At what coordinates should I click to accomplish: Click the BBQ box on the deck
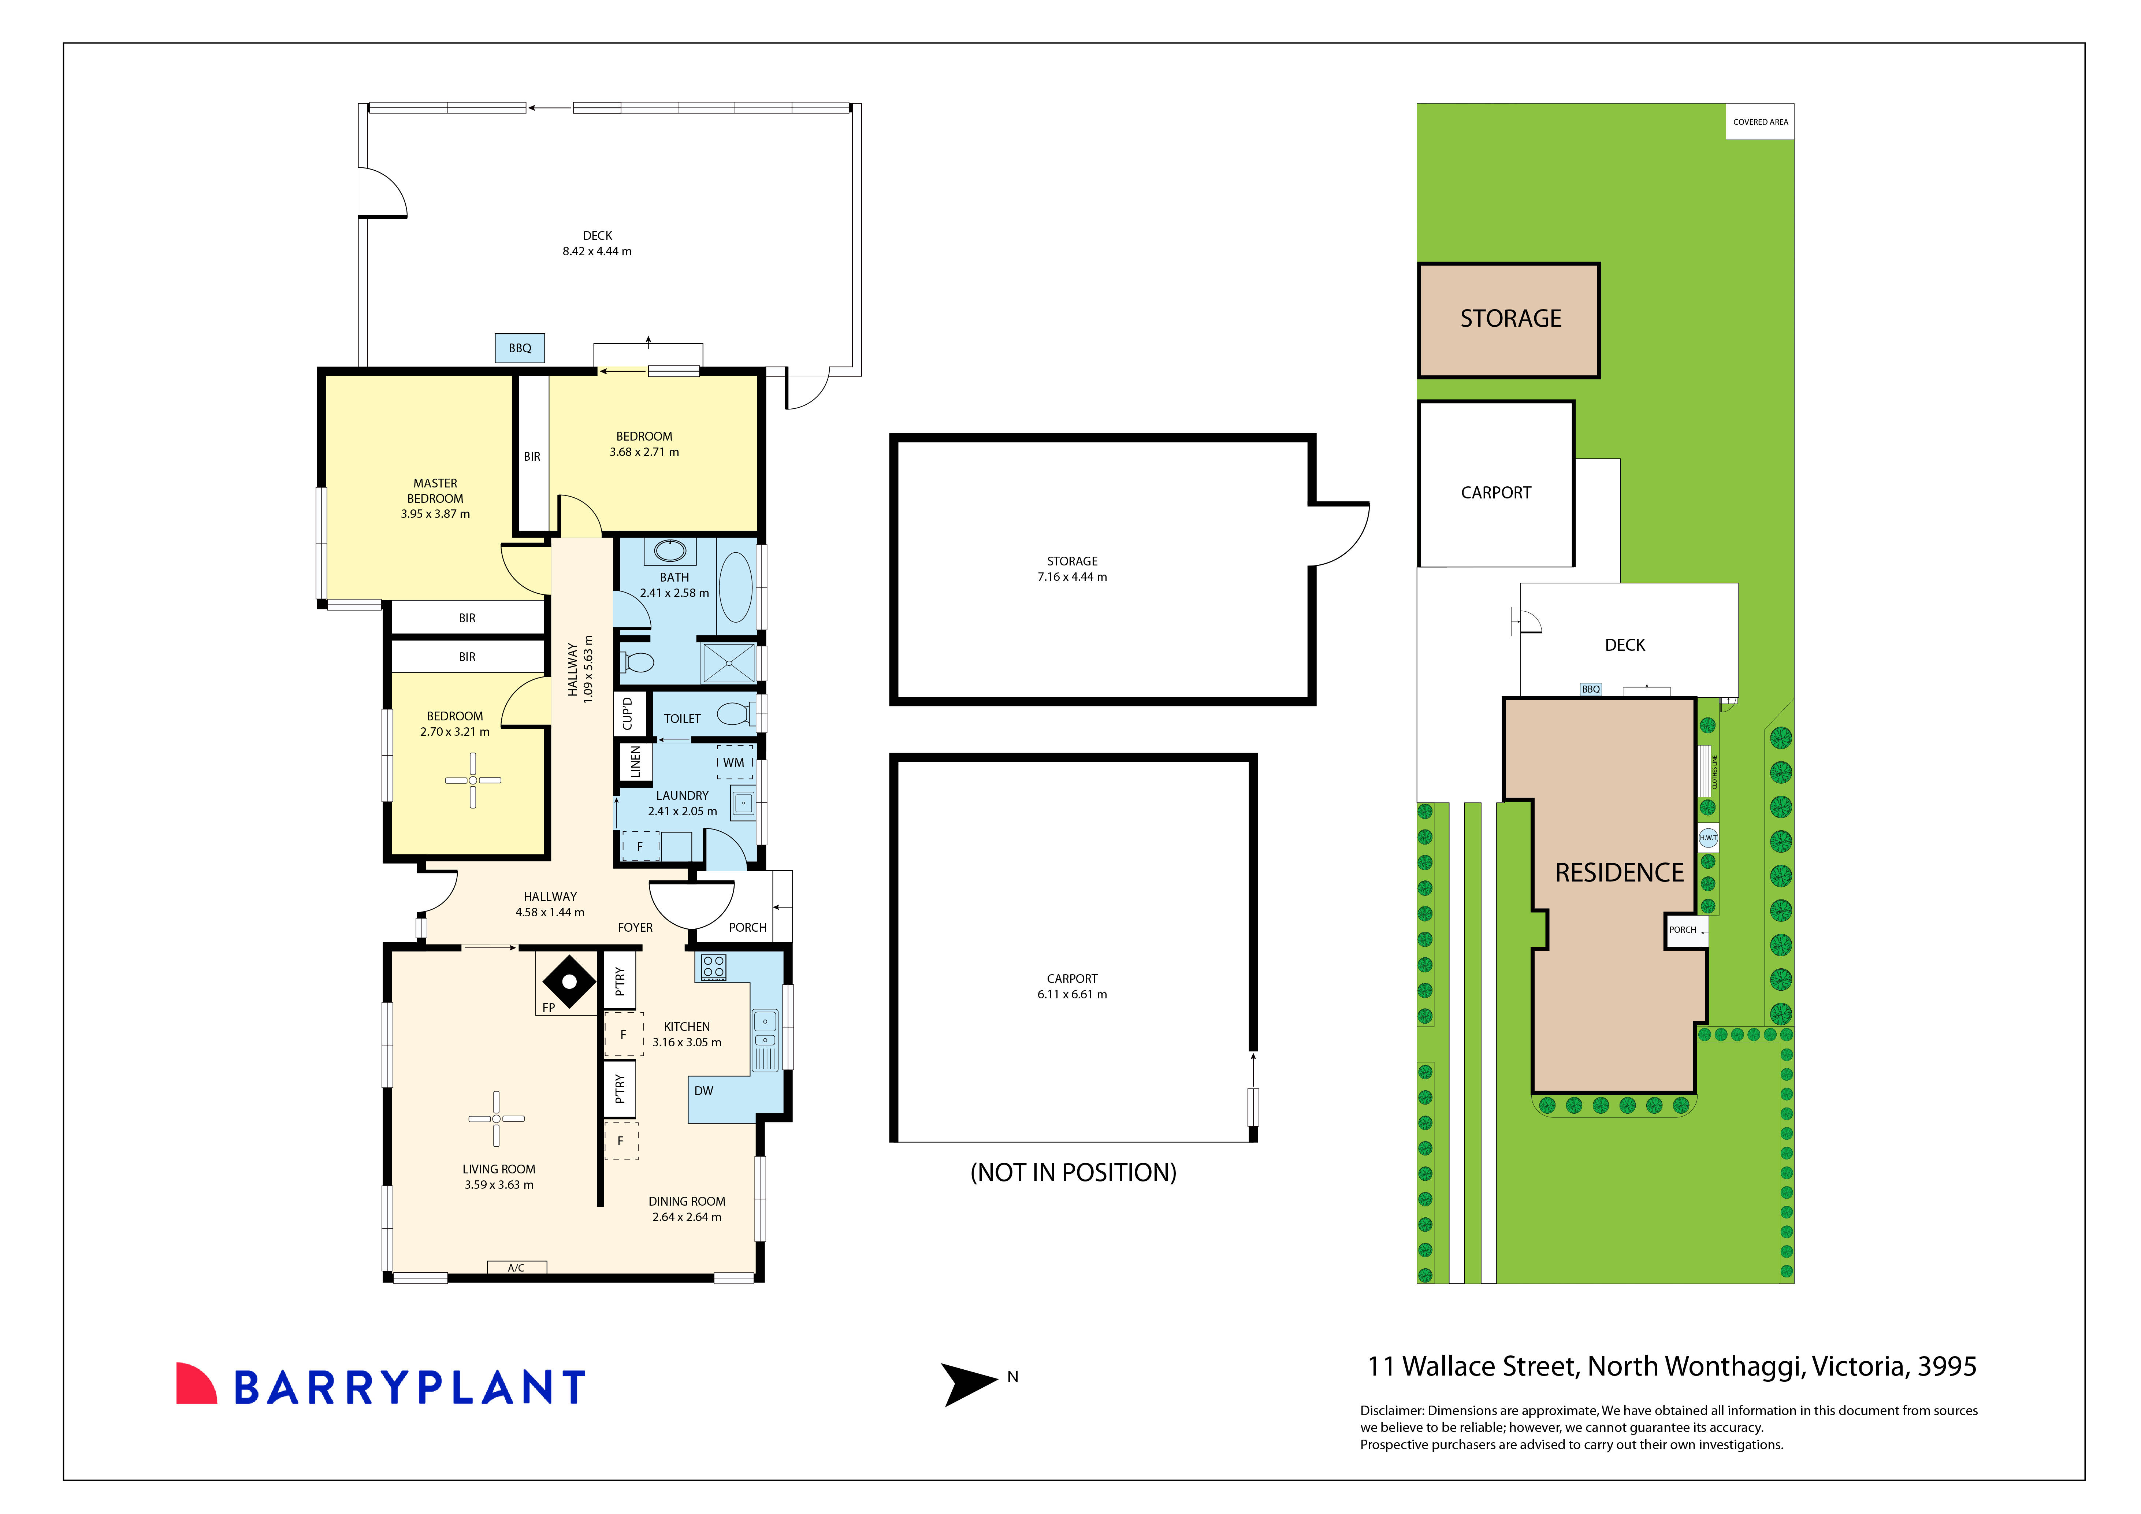[519, 348]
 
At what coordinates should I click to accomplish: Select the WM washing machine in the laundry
[734, 762]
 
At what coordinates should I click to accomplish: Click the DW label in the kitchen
[703, 1091]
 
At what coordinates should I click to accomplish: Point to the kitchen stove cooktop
[713, 967]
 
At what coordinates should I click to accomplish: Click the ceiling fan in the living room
[496, 1118]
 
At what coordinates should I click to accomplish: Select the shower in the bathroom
[728, 663]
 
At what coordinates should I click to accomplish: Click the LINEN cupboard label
[635, 761]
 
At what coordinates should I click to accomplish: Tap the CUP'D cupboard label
[627, 714]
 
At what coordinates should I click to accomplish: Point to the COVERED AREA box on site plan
[1759, 122]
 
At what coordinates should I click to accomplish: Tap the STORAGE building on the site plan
[1509, 320]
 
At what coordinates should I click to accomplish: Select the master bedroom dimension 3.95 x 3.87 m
[435, 514]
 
